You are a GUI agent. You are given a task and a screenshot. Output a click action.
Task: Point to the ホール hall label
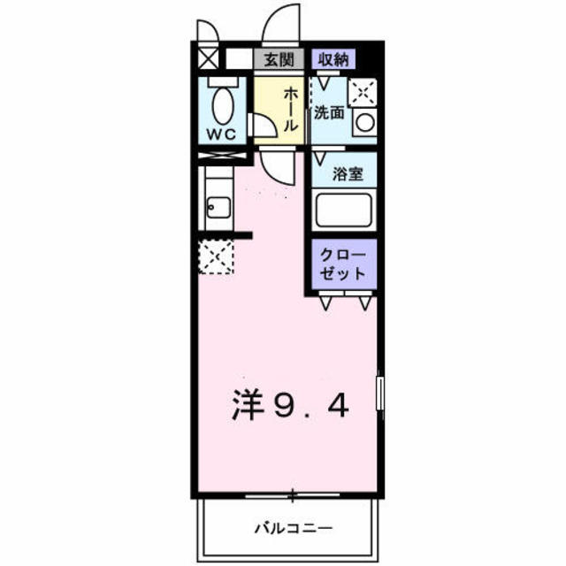point(289,107)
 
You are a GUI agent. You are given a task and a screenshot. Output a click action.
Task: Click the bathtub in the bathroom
point(345,210)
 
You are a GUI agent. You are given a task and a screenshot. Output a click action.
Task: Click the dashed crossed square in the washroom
point(363,91)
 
